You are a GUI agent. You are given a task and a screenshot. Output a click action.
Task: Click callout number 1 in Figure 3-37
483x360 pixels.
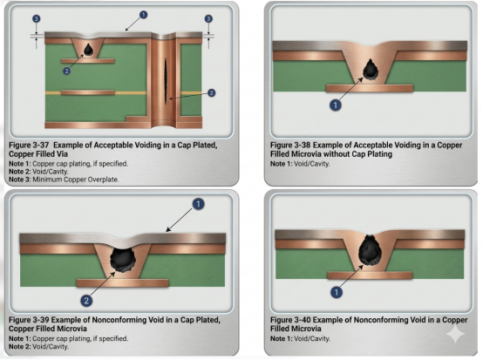[x=143, y=15]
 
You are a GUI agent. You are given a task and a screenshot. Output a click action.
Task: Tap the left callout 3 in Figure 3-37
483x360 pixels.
[x=36, y=19]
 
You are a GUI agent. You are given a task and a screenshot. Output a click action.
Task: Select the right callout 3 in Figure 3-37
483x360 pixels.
[x=208, y=19]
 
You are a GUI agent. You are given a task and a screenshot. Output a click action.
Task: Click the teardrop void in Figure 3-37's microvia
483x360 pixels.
[x=89, y=50]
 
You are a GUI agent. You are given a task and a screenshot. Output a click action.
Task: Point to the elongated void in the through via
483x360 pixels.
[x=166, y=81]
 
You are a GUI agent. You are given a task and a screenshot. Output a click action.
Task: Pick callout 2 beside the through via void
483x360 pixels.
[x=211, y=92]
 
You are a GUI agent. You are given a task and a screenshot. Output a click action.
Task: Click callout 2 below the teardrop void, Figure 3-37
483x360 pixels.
[x=66, y=71]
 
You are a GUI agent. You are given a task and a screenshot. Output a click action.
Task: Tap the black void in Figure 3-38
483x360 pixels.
[x=371, y=70]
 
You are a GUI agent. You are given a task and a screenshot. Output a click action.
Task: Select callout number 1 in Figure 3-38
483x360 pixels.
[x=336, y=105]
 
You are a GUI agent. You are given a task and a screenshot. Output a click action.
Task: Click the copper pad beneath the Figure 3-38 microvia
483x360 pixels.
[x=370, y=88]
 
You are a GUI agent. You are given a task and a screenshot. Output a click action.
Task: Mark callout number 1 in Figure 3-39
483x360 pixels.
[x=198, y=204]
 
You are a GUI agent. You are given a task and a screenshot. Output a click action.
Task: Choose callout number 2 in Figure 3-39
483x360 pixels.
[x=86, y=301]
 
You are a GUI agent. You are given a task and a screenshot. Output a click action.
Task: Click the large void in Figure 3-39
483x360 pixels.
[x=123, y=259]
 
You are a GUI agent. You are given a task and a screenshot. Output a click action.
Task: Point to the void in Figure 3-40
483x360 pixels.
[x=370, y=250]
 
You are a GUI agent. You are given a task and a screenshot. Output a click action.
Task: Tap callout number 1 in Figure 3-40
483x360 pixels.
[x=337, y=292]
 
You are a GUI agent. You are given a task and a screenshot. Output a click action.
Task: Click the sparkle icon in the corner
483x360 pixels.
[x=456, y=334]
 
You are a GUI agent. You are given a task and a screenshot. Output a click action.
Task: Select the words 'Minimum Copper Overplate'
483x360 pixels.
[x=76, y=180]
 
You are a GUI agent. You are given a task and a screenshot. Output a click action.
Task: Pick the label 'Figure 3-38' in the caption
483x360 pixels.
[x=290, y=145]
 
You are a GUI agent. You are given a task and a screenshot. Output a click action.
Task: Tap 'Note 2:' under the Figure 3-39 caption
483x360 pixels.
[x=20, y=346]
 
